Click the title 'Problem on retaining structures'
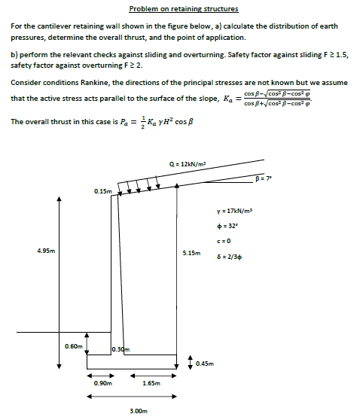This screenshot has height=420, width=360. pos(184,9)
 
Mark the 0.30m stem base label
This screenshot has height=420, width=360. pos(121,349)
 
